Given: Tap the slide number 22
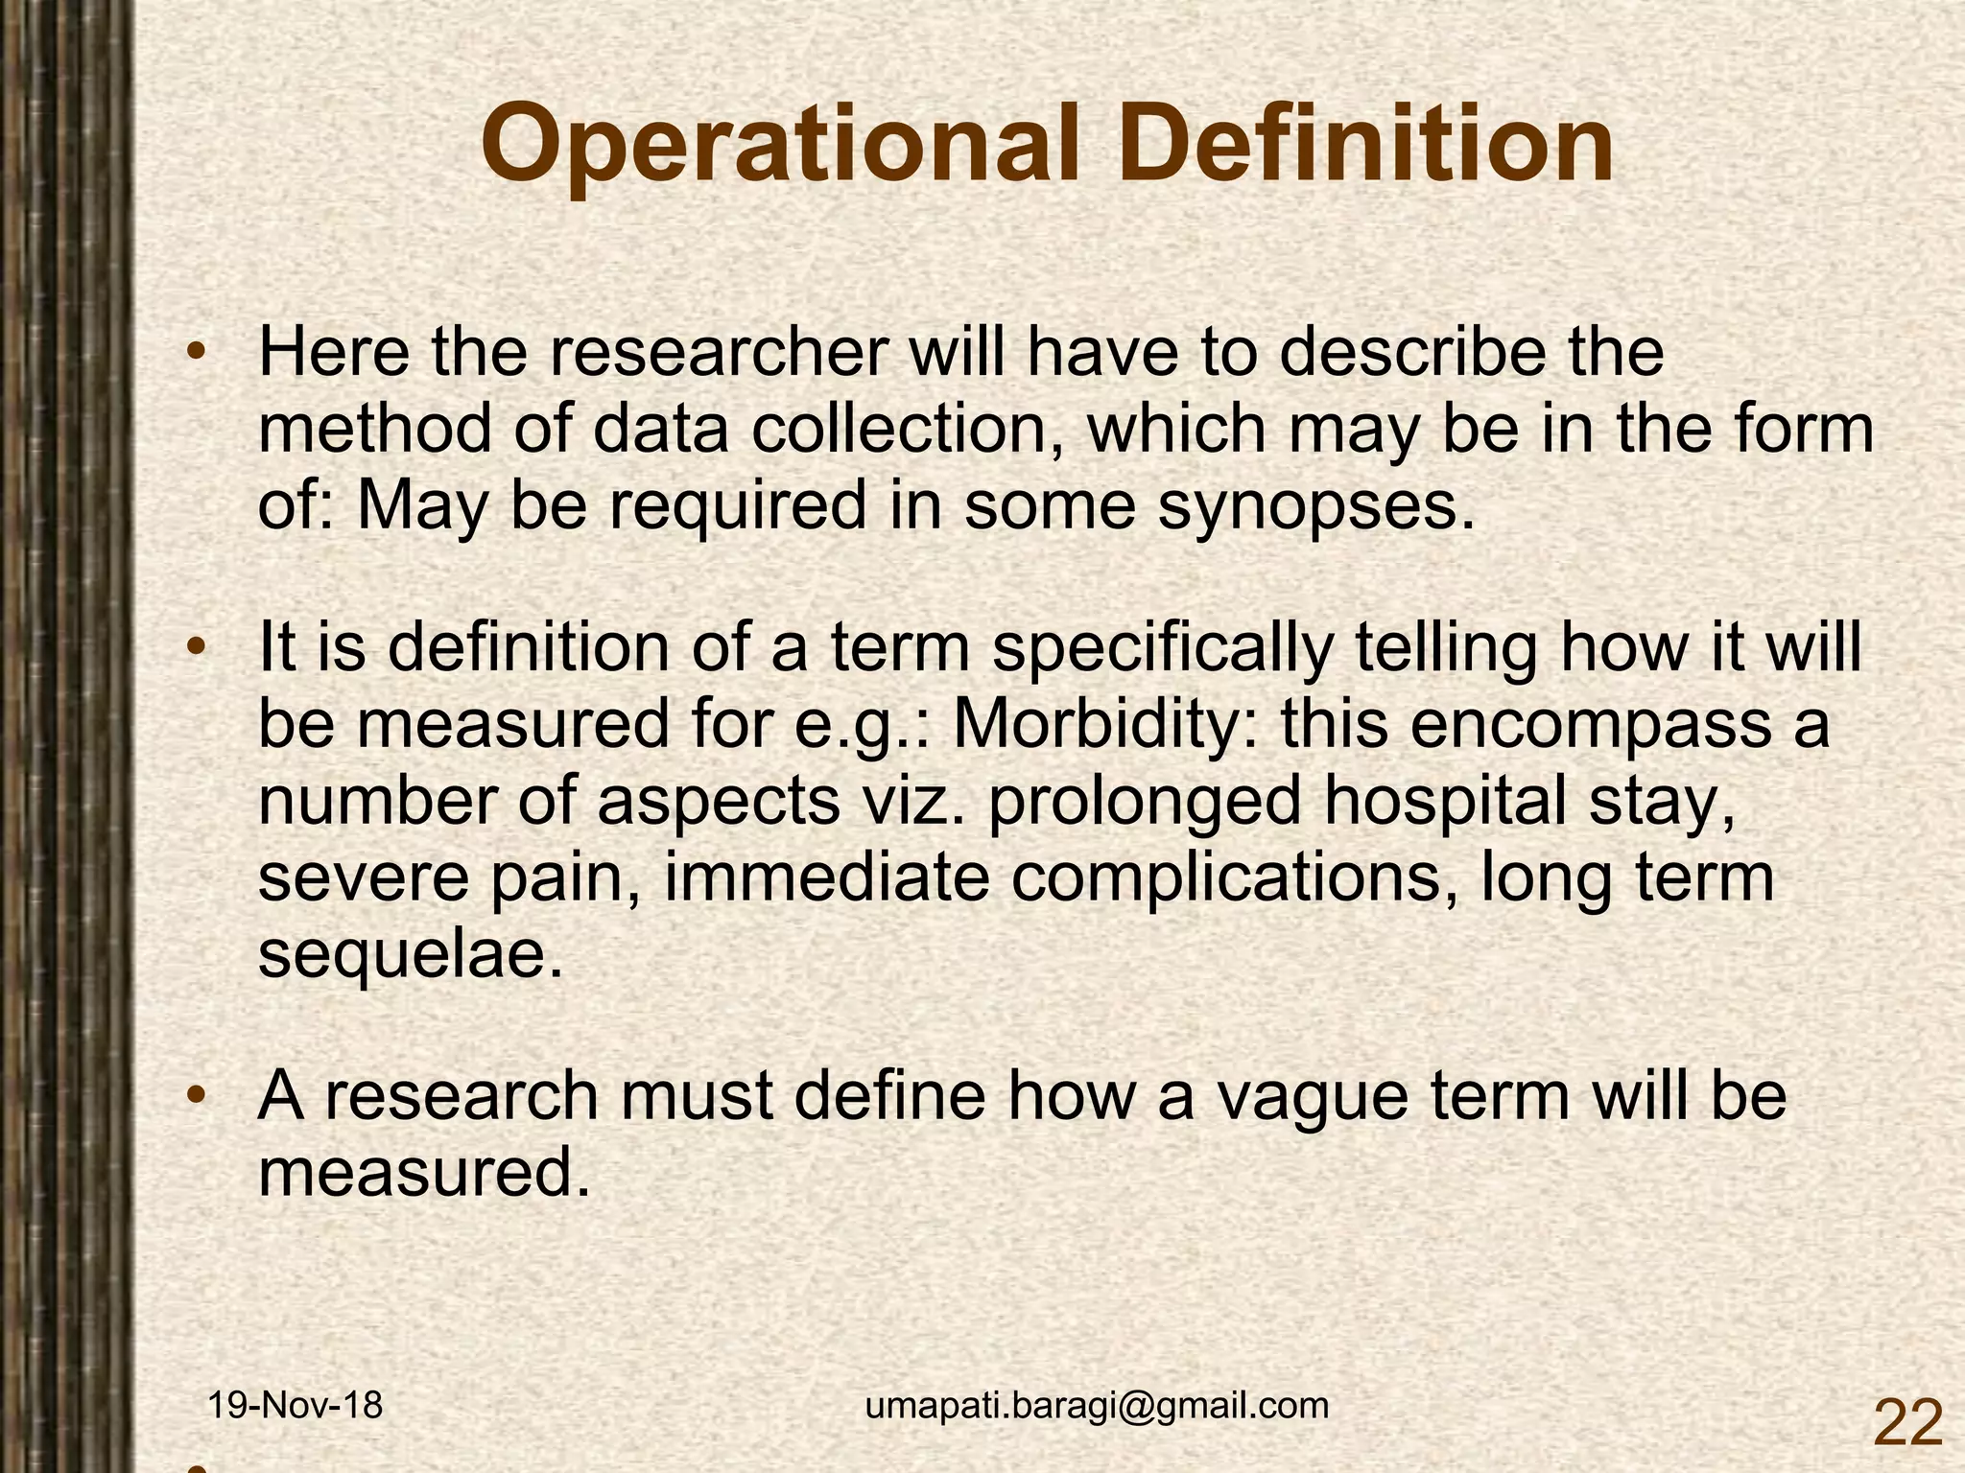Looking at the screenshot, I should pos(1906,1422).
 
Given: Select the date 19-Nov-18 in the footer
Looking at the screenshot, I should pos(296,1406).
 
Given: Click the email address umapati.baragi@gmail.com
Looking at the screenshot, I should pos(1097,1406).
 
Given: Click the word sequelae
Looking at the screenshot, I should pos(410,956).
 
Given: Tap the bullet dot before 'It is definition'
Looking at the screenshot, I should pos(196,648).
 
